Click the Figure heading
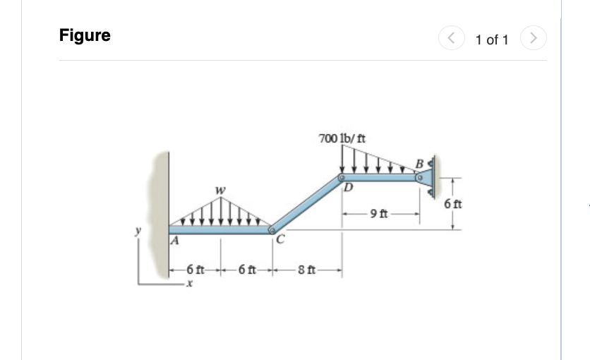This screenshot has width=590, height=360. click(85, 35)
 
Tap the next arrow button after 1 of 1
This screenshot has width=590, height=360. click(534, 39)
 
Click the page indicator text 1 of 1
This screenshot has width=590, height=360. click(492, 40)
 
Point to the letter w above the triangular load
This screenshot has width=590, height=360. click(221, 189)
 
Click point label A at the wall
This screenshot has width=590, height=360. click(174, 240)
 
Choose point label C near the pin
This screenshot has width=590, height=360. click(280, 239)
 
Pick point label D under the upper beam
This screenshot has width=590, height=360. click(348, 188)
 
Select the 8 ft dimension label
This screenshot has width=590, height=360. click(308, 269)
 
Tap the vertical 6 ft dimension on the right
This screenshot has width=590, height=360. click(453, 204)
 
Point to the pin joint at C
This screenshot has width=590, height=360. click(272, 229)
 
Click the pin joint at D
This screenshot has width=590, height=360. click(341, 178)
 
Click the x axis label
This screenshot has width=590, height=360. click(188, 283)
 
